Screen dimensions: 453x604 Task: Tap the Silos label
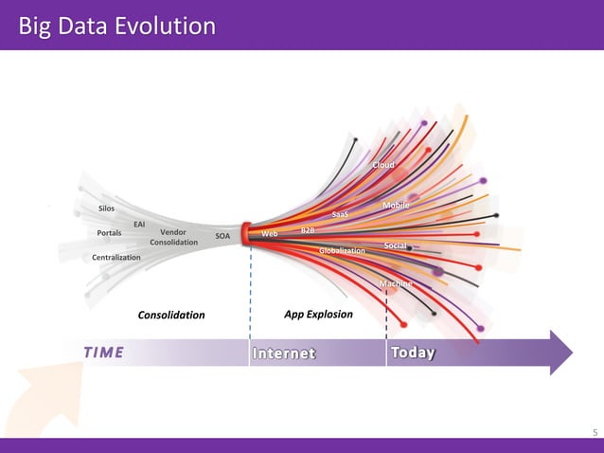(106, 208)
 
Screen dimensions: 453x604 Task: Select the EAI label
(139, 224)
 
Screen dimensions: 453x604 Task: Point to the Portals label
(109, 233)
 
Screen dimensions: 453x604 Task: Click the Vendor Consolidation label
(173, 237)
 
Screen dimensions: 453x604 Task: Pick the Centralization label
(116, 258)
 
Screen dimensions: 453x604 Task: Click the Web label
(269, 233)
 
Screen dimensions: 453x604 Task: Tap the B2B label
(308, 230)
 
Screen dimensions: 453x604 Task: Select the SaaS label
(340, 214)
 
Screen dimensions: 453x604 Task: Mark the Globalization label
(342, 250)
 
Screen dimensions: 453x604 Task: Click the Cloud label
(382, 165)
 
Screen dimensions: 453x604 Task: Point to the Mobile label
(396, 206)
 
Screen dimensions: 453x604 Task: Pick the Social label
(395, 246)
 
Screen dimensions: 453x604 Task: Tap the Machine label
(396, 284)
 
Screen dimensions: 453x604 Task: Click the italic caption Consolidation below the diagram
(171, 315)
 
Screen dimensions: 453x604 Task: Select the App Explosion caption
(318, 314)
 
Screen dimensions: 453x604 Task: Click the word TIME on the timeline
(103, 353)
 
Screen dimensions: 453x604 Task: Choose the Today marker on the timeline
(413, 353)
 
